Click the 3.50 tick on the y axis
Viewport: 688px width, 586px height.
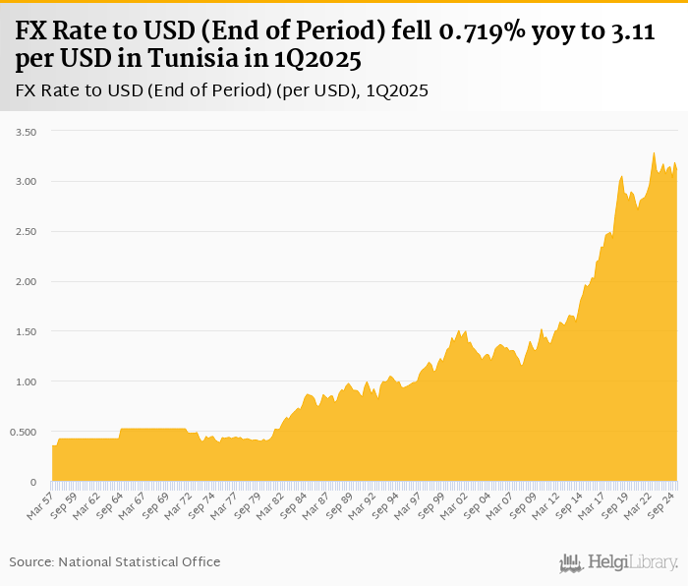24,132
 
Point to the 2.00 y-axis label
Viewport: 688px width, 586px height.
24,282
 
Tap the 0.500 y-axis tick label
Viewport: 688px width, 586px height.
22,432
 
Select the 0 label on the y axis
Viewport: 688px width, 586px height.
32,482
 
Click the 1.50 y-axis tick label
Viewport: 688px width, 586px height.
24,332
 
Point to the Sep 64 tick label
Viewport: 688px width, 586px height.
111,503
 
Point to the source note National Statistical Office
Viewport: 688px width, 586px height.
139,561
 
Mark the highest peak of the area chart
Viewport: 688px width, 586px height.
654,152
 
